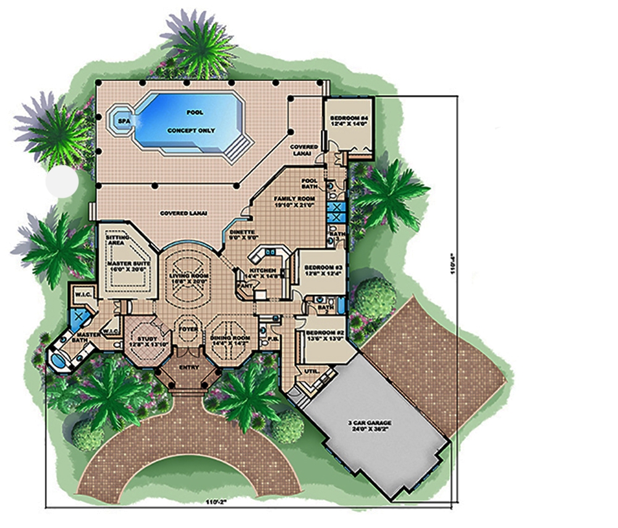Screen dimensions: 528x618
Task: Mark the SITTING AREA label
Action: [117, 240]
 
